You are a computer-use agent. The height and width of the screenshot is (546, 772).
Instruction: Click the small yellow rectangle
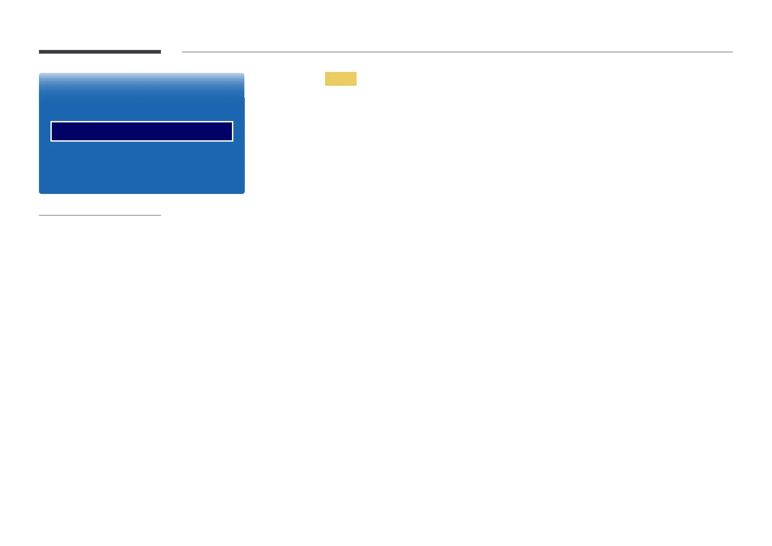click(x=341, y=79)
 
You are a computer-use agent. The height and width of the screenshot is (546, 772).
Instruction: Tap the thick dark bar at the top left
click(x=99, y=52)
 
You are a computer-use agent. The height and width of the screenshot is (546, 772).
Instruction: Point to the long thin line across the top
click(x=457, y=52)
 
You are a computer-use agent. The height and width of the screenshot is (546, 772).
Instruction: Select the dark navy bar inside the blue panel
click(x=142, y=132)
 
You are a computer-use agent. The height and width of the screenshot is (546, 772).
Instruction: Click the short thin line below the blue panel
click(x=99, y=215)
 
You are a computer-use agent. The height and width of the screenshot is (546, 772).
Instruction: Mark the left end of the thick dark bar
click(x=40, y=52)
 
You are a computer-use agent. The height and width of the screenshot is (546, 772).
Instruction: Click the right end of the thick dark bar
click(x=160, y=52)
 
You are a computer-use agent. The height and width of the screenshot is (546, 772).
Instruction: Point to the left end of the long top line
click(x=183, y=52)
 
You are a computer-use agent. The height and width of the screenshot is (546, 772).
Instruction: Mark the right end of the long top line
click(x=732, y=52)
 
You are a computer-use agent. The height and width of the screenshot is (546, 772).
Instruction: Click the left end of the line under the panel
click(x=40, y=215)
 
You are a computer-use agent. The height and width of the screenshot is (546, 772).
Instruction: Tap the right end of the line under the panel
click(x=160, y=215)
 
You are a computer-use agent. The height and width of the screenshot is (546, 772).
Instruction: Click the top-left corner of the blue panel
click(x=40, y=74)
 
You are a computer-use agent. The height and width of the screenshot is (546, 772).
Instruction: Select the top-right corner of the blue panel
click(x=243, y=74)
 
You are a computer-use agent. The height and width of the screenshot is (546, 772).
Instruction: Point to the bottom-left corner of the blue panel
click(x=40, y=192)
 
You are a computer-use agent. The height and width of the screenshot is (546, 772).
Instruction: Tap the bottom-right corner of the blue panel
click(x=243, y=192)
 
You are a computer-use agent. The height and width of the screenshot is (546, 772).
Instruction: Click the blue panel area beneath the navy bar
click(x=142, y=167)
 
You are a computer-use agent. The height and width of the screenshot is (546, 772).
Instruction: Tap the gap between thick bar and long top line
click(x=171, y=52)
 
